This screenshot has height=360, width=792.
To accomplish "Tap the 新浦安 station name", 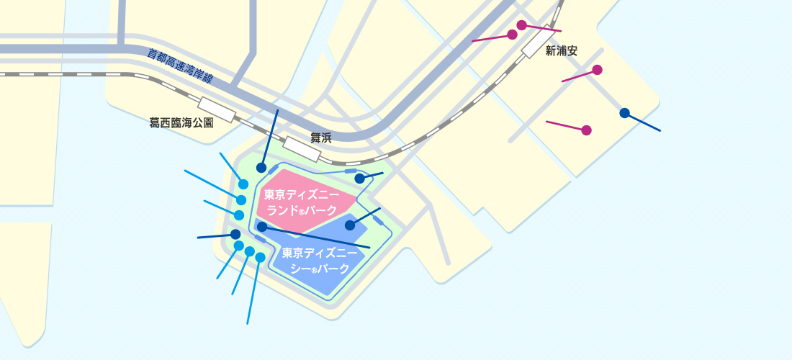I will (562, 51).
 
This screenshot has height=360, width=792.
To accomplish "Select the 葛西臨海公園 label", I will (181, 123).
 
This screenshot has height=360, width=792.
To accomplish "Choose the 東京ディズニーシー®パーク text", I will (320, 261).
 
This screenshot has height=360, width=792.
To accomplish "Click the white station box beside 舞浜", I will (302, 149).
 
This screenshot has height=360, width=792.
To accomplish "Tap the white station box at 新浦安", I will (539, 42).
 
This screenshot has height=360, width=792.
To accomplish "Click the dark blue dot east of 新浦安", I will (624, 113).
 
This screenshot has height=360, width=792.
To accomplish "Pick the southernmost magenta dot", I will (586, 130).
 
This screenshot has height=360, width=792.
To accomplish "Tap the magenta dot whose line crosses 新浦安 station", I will (521, 25).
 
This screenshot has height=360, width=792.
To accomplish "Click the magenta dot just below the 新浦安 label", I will (597, 70).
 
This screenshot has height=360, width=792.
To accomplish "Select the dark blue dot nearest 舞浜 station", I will (261, 168).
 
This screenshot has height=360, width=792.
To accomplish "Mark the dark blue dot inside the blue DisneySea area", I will (350, 225).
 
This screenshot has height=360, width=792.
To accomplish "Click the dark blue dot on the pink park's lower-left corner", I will (262, 227).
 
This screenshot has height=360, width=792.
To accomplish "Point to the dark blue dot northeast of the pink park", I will (359, 179).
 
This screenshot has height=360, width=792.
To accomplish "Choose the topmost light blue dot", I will (243, 184).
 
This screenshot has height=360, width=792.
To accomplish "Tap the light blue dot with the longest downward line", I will (260, 257).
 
